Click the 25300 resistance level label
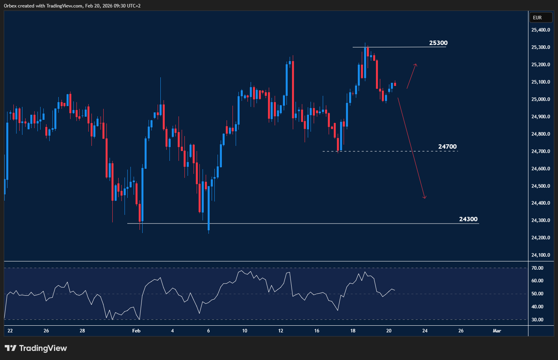pyautogui.click(x=438, y=43)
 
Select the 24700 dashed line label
pyautogui.click(x=447, y=147)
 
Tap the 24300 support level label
pyautogui.click(x=468, y=219)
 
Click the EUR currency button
pyautogui.click(x=537, y=18)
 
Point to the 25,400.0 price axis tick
pyautogui.click(x=541, y=30)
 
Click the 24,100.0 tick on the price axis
pyautogui.click(x=541, y=255)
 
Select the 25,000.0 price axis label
pyautogui.click(x=541, y=99)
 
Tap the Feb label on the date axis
pyautogui.click(x=136, y=331)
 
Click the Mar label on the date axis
pyautogui.click(x=497, y=331)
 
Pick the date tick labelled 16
pyautogui.click(x=317, y=331)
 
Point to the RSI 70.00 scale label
pyautogui.click(x=538, y=268)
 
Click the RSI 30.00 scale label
pyautogui.click(x=538, y=320)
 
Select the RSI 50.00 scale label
pyautogui.click(x=538, y=294)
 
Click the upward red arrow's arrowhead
pyautogui.click(x=416, y=64)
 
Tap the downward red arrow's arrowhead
pyautogui.click(x=425, y=197)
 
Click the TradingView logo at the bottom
pyautogui.click(x=36, y=348)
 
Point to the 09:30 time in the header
pyautogui.click(x=113, y=6)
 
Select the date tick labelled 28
pyautogui.click(x=82, y=331)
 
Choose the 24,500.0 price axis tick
pyautogui.click(x=541, y=186)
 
